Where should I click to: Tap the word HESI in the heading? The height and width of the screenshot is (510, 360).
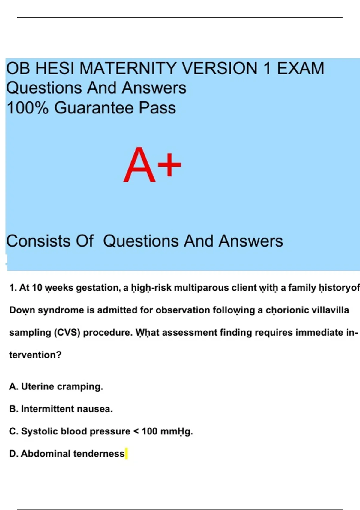pos(55,68)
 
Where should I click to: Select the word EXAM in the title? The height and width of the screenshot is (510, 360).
pos(300,68)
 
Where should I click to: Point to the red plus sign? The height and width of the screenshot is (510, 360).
pos(169,164)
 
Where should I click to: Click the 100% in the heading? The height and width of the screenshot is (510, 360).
pos(28,108)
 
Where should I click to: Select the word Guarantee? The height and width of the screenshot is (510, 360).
pos(94,108)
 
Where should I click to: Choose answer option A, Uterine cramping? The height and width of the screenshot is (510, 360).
pos(56,386)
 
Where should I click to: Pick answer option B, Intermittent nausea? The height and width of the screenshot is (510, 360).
pos(61,409)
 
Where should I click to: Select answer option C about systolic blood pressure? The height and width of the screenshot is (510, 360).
pos(101,431)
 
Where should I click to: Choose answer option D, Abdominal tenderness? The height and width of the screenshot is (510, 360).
pos(67,454)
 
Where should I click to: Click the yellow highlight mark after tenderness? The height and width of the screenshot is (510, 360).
pos(126,454)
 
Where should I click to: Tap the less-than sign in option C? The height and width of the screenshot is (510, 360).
pos(136,431)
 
